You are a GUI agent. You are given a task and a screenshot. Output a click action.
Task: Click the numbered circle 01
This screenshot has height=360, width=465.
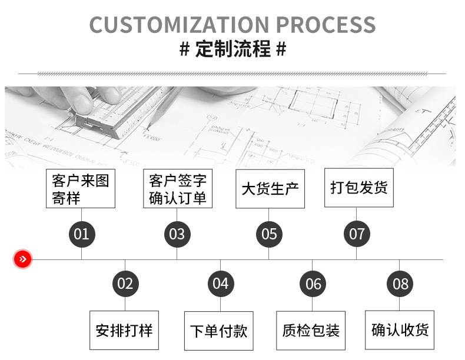coord(81,234)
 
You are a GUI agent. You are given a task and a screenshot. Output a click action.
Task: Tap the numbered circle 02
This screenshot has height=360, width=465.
coord(125,284)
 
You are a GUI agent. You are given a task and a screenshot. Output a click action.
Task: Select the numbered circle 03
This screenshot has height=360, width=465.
coord(177,234)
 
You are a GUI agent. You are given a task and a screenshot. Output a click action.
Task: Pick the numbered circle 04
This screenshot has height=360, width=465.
coord(221,284)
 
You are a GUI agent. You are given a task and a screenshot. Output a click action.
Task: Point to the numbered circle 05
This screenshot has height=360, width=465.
coord(269,234)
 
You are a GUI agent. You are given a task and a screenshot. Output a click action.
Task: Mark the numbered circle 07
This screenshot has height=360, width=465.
coord(357,234)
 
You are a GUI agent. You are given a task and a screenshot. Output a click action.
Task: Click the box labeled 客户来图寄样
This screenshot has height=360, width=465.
coord(81,189)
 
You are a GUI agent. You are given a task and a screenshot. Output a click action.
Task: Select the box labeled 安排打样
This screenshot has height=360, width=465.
coord(124,330)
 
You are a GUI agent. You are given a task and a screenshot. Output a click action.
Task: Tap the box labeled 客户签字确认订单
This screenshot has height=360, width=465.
coord(177,189)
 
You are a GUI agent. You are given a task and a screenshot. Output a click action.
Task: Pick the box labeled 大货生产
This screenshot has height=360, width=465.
coord(270,189)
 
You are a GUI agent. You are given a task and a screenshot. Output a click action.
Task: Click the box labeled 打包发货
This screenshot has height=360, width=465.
coord(359,188)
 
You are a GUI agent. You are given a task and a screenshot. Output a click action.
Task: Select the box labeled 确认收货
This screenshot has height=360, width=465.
coord(400,329)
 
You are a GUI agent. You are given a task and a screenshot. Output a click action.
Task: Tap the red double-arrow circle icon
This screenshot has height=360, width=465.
coord(22,259)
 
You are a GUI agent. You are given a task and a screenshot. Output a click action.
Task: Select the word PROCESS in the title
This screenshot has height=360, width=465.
coord(325,25)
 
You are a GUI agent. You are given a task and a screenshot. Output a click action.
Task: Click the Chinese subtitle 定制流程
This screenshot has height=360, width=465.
coord(232,49)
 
